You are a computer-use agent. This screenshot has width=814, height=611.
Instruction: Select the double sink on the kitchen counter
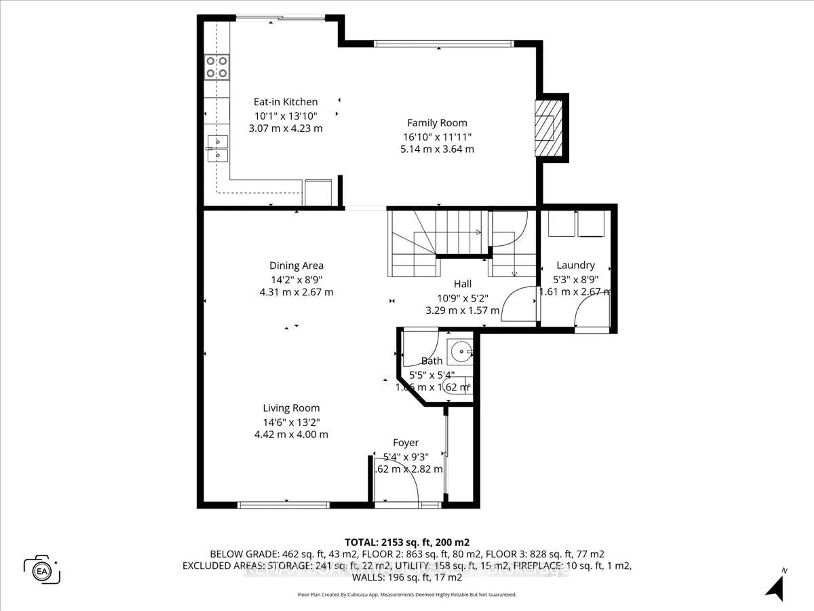click(x=217, y=149)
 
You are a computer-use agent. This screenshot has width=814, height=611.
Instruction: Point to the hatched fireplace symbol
click(x=548, y=128)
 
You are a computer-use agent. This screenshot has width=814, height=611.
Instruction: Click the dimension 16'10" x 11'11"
click(x=437, y=137)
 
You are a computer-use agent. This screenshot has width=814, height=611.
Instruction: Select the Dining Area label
click(x=296, y=266)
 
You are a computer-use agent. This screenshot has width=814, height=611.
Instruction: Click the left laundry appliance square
click(x=561, y=224)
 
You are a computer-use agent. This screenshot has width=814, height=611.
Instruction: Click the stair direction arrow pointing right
click(x=478, y=232)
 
